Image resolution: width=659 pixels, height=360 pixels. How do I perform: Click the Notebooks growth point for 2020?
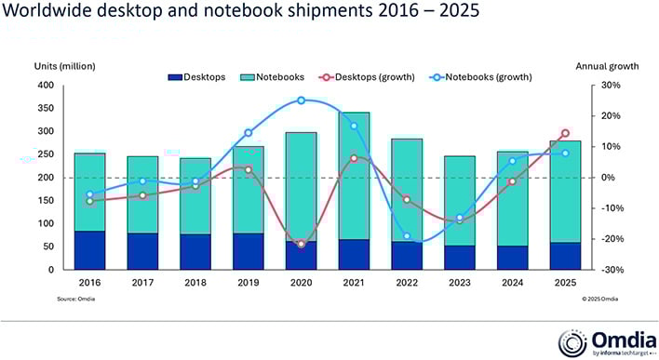click(301, 100)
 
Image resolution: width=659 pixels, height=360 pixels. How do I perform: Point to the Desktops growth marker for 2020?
click(301, 244)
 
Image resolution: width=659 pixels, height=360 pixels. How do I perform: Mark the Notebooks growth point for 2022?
click(407, 236)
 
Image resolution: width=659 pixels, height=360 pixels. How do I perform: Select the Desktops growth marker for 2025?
click(565, 133)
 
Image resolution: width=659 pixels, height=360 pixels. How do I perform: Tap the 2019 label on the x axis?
click(248, 282)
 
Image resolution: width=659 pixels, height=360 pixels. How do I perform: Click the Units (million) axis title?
click(64, 66)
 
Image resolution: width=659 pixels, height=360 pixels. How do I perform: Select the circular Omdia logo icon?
click(571, 340)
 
